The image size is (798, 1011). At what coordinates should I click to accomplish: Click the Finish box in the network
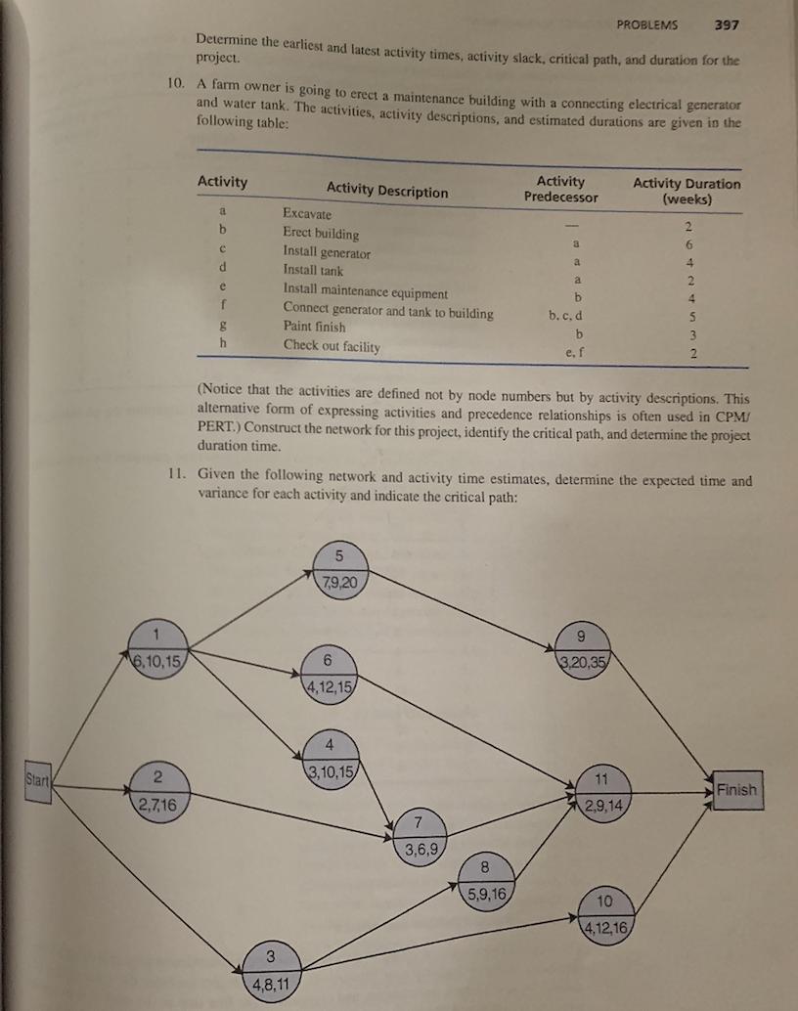[x=735, y=789]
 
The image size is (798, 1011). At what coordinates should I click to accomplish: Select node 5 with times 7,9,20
[x=338, y=569]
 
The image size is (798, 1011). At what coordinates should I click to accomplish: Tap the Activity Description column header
[x=387, y=191]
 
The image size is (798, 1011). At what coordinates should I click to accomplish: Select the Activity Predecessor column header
[x=560, y=189]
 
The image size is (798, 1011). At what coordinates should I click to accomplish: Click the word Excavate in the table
[x=307, y=213]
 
